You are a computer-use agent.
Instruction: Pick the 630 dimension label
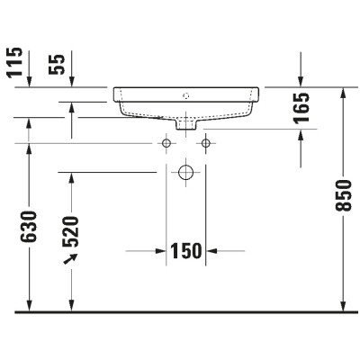coord(31,227)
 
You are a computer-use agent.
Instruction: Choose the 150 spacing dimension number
coord(186,250)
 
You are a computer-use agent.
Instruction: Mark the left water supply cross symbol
coord(166,143)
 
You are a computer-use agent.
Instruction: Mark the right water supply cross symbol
coord(206,143)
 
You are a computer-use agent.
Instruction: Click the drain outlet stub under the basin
coord(187,124)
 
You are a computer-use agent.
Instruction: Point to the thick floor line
coord(180,311)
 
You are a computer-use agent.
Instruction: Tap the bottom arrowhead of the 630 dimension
coord(31,305)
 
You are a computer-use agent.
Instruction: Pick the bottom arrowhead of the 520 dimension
coord(72,305)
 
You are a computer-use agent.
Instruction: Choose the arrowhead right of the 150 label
coord(212,250)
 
